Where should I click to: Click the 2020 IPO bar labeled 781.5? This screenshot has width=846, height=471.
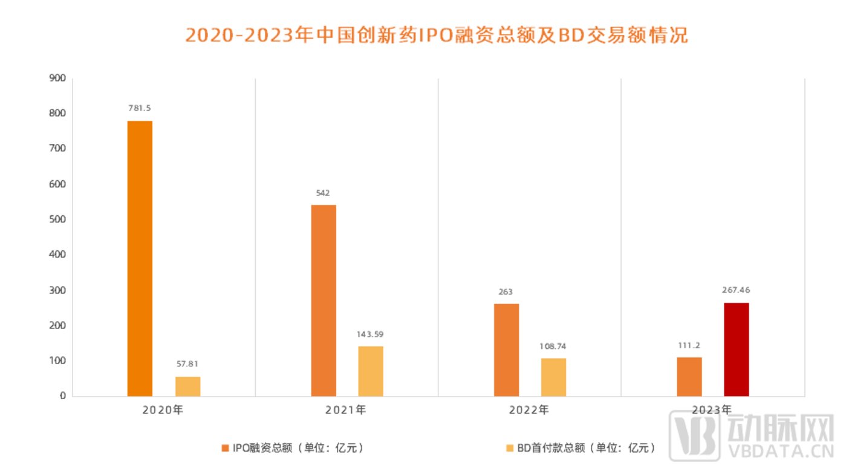(x=140, y=258)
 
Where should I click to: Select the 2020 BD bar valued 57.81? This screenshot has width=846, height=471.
(x=187, y=386)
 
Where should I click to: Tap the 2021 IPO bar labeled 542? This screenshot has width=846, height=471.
(x=324, y=300)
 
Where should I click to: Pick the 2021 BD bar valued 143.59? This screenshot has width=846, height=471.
(x=371, y=371)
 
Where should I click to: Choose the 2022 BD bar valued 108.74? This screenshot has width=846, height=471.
(x=553, y=377)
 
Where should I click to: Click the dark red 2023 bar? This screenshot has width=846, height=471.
(x=737, y=349)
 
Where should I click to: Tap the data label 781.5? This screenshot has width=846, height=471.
(x=140, y=108)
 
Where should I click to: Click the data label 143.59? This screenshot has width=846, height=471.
(x=371, y=334)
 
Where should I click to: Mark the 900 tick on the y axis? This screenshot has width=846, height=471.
(x=58, y=78)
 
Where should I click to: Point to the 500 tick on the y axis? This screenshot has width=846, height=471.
(x=58, y=219)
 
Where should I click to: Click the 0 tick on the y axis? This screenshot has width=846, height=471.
(x=62, y=396)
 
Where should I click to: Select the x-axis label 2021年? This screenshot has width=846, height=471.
(x=345, y=410)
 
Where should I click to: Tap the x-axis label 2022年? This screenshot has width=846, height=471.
(x=529, y=410)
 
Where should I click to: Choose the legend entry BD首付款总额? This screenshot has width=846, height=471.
(x=581, y=448)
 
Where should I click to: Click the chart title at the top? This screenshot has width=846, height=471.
(x=436, y=34)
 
